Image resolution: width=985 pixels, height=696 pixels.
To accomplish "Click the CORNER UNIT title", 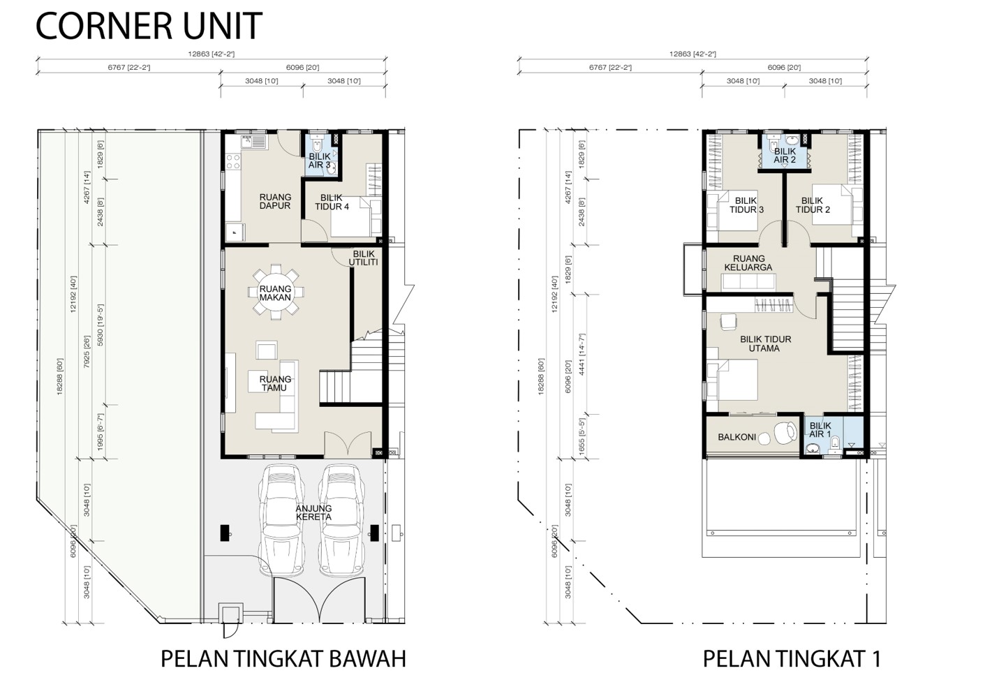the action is [149, 26].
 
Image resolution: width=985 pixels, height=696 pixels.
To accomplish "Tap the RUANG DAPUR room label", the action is [275, 201].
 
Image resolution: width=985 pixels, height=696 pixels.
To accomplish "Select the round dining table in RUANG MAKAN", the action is [276, 293].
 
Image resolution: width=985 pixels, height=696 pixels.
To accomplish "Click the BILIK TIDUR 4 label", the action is [332, 202].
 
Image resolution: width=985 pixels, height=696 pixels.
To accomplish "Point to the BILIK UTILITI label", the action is [364, 258].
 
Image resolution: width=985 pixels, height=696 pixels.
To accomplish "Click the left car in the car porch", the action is [281, 520].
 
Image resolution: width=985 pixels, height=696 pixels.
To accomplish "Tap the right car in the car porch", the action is [341, 520].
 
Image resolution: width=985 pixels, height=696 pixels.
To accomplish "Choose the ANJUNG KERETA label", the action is [313, 512].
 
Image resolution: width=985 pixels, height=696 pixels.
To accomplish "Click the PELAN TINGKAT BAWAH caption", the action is [283, 658].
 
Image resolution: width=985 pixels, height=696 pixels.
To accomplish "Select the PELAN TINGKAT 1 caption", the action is [792, 658].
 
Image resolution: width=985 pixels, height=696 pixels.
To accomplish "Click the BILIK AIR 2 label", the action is [785, 156].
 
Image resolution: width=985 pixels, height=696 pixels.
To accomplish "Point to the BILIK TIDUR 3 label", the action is [747, 205].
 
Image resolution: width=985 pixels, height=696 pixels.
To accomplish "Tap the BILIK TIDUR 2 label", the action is [813, 205].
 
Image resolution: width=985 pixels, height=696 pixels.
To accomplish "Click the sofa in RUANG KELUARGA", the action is [748, 281].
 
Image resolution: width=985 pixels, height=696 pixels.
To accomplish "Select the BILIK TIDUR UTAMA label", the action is [765, 344].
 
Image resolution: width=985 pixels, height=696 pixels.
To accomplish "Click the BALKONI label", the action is [737, 437].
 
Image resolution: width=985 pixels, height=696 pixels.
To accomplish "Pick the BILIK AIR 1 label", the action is [820, 430].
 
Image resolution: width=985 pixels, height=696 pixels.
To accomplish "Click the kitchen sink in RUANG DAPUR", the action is [253, 142].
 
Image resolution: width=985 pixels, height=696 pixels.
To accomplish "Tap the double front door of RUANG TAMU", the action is [348, 444].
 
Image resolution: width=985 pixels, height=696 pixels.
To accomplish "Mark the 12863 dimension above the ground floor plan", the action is [211, 54].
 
